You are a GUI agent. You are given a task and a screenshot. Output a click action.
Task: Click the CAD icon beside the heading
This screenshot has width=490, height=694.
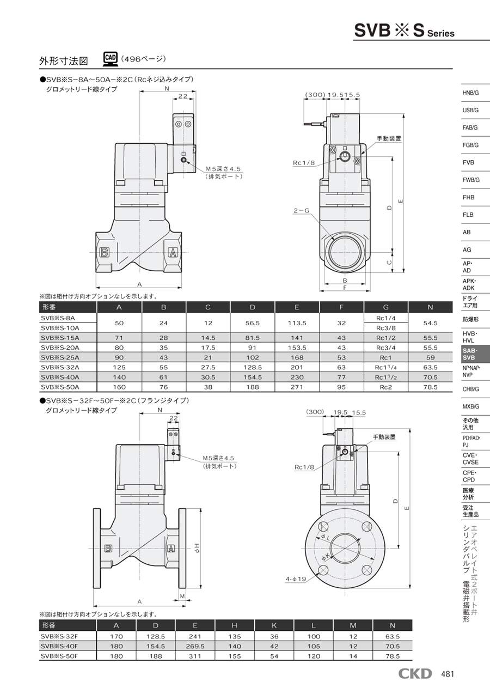pos(111,59)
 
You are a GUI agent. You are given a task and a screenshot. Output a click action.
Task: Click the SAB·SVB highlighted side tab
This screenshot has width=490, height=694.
pos(475,354)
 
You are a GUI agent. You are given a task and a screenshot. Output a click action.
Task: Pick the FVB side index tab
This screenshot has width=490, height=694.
pos(468,162)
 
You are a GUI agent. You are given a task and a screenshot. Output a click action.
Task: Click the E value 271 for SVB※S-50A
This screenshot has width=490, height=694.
pos(297,387)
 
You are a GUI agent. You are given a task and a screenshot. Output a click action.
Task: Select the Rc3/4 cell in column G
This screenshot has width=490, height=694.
pos(385,348)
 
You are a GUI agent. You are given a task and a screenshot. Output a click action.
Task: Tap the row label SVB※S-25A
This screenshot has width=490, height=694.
pos(60,357)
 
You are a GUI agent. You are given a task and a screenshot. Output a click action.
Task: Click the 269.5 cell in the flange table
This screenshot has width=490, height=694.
pos(195,646)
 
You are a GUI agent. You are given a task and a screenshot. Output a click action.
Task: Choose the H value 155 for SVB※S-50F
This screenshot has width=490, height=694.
pos(235,656)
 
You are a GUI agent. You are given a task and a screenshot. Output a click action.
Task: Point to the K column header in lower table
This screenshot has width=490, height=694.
pos(274,625)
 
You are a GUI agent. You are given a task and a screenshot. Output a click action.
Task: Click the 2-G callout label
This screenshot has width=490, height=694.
pos(302,211)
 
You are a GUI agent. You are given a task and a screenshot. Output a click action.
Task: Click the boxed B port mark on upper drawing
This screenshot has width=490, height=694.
pos(104,253)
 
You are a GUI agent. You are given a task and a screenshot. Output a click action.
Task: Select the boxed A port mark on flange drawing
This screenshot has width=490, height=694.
pos(170,549)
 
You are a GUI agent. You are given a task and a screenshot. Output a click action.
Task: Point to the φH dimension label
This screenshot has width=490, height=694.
pos(197,548)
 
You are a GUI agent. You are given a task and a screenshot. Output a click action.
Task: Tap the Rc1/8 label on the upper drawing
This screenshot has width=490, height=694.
pos(304,163)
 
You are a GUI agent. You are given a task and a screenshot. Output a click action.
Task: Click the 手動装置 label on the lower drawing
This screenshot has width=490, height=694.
pos(384,437)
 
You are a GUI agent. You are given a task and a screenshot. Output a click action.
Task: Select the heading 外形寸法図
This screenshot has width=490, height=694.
pos(64,60)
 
